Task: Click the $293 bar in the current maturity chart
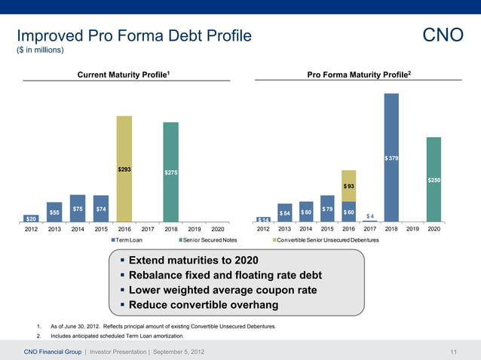[x=124, y=169]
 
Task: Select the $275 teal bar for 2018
[x=171, y=172]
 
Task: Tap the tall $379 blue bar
[x=391, y=157]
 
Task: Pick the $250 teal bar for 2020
[x=434, y=180]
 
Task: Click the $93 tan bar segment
[x=348, y=185]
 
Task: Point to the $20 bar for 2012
[x=32, y=218]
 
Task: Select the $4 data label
[x=370, y=216]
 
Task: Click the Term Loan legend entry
[x=127, y=239]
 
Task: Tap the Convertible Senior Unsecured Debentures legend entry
[x=326, y=239]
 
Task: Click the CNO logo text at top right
[x=443, y=36]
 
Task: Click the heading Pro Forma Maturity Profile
[x=359, y=74]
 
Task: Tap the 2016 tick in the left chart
[x=124, y=229]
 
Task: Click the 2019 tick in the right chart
[x=412, y=229]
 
